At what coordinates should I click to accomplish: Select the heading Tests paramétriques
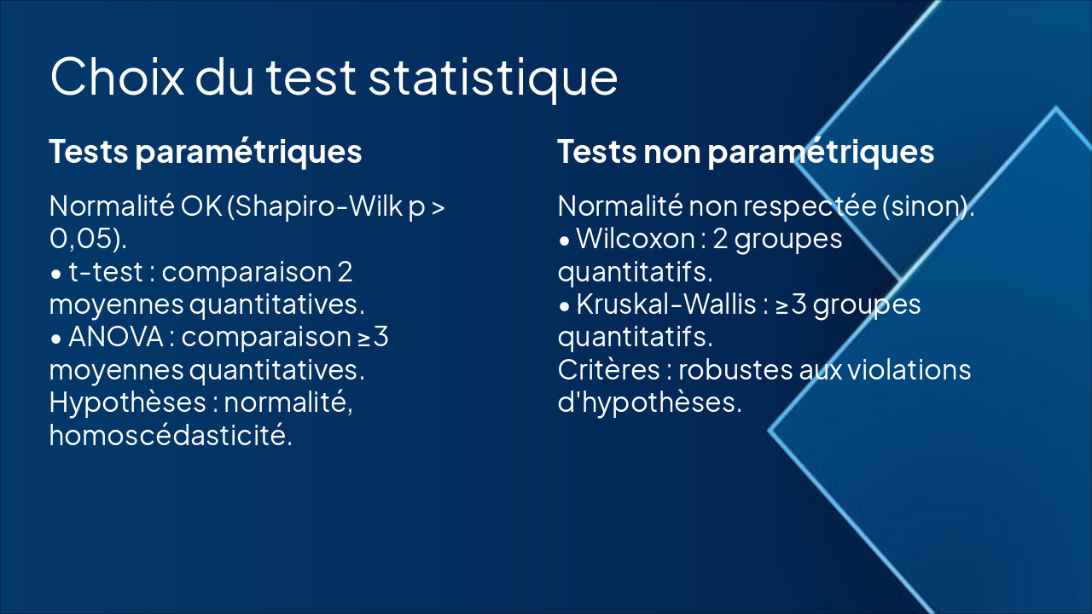(x=206, y=152)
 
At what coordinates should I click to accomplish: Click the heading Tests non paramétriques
(x=746, y=152)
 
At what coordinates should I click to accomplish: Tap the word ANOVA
(x=116, y=338)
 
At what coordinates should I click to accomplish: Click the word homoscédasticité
(x=170, y=436)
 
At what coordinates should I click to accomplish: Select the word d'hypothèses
(x=648, y=403)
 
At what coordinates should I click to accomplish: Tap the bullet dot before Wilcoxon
(x=565, y=241)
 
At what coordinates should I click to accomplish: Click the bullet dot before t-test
(x=56, y=275)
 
